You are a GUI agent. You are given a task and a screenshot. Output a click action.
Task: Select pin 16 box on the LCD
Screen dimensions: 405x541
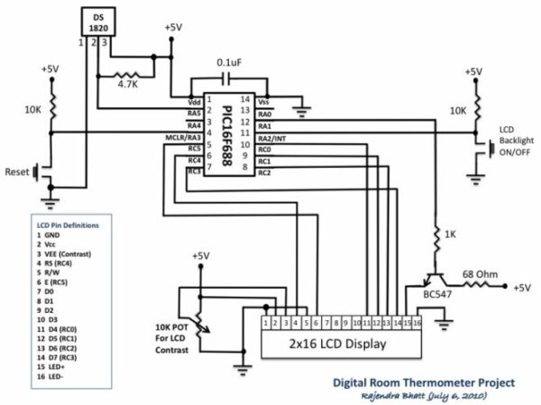point(417,321)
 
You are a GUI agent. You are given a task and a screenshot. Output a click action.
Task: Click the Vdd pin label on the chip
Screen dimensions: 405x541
point(193,102)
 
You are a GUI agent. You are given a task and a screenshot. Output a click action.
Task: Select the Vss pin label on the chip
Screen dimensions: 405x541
point(264,102)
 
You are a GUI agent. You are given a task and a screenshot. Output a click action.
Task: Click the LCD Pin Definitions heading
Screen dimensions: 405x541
point(68,224)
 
